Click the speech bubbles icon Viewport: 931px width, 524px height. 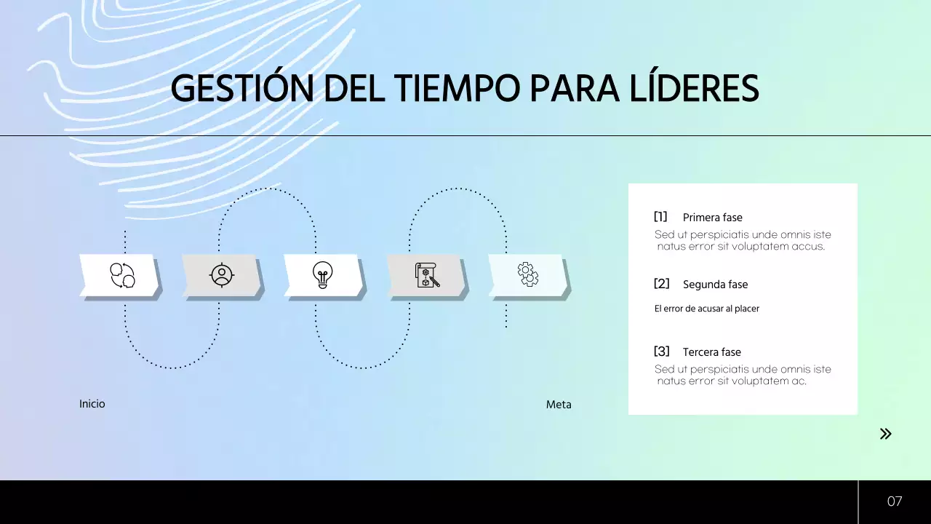122,275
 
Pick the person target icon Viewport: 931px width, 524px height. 221,275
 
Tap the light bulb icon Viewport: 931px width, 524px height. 322,275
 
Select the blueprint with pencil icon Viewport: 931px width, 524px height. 427,275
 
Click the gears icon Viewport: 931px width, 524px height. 528,274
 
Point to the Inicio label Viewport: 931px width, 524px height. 92,404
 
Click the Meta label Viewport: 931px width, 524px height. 559,405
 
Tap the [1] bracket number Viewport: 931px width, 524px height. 660,217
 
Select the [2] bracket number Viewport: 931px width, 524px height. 661,284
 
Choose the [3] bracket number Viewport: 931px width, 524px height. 661,352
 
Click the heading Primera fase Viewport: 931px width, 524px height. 712,218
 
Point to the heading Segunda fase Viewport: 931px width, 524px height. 715,285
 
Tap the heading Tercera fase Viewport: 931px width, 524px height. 711,352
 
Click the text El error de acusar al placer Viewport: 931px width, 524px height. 707,309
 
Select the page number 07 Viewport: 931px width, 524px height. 895,501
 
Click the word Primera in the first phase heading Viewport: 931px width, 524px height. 701,218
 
